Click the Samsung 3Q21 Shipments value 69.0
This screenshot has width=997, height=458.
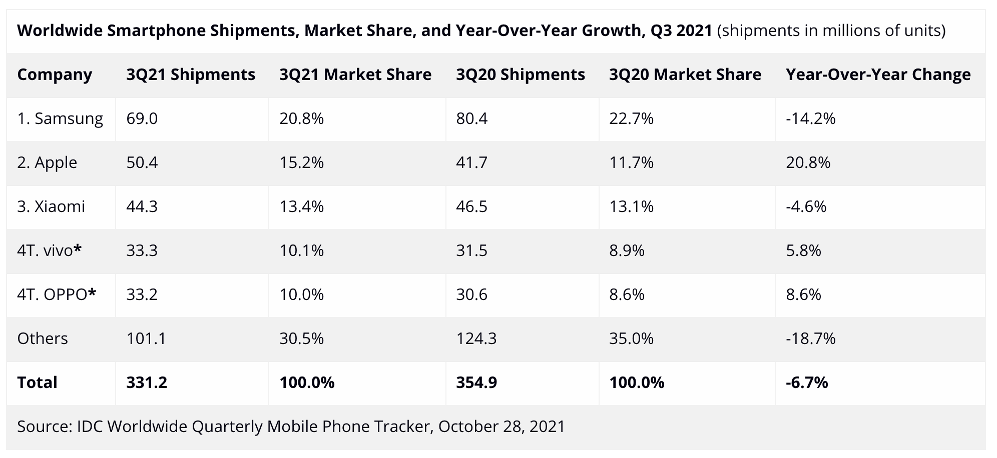(142, 118)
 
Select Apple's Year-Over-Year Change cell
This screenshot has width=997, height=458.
(808, 162)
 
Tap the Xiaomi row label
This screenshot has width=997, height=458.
(51, 206)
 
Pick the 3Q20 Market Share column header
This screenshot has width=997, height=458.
(685, 74)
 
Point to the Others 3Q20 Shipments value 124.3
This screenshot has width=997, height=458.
(476, 338)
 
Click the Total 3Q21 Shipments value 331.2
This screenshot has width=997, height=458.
(147, 382)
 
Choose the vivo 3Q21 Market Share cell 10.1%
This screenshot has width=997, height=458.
(301, 250)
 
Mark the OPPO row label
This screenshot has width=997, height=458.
(57, 294)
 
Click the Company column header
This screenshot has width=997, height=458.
(55, 74)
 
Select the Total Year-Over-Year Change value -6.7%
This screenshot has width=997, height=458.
(807, 382)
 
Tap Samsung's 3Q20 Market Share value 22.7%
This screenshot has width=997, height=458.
(631, 118)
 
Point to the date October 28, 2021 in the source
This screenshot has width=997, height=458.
(502, 426)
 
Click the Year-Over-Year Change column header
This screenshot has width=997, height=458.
(878, 74)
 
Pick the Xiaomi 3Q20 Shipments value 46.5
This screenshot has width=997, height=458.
(471, 206)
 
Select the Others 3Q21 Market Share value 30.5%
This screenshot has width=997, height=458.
(301, 338)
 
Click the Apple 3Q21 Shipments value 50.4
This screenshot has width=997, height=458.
(142, 162)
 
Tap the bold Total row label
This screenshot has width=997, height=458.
(37, 382)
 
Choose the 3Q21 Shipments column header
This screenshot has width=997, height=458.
(191, 74)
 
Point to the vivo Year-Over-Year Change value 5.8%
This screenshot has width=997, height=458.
(803, 250)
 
